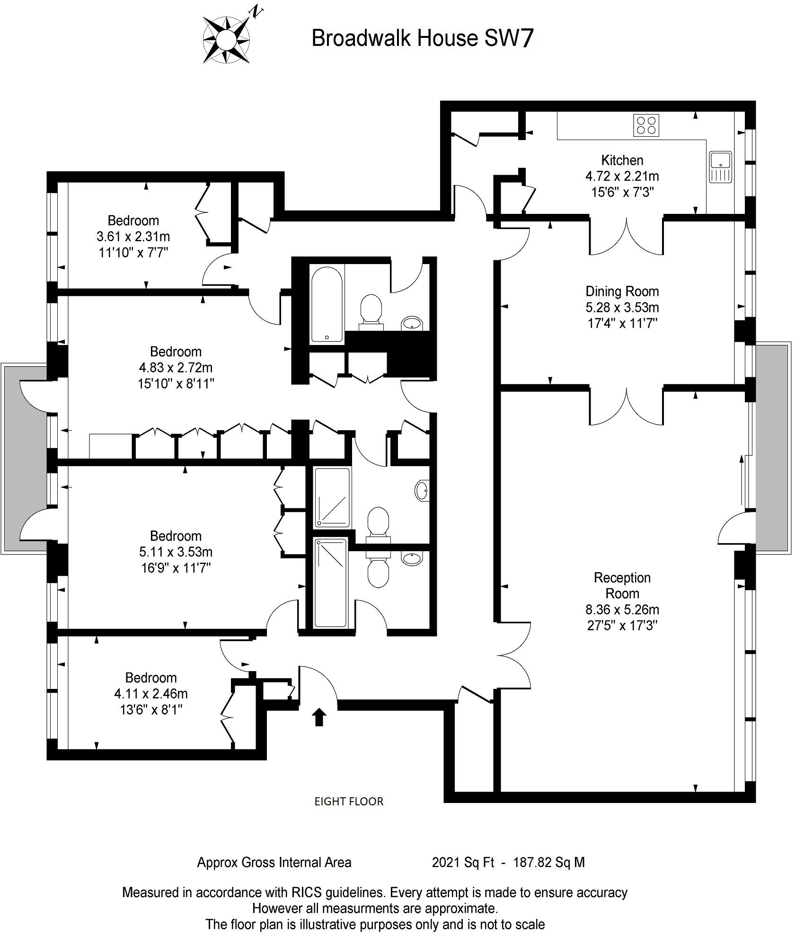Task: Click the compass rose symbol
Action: (x=226, y=40)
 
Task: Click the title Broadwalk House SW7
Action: (x=423, y=38)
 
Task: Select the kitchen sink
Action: (x=720, y=167)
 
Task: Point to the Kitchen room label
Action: (x=622, y=160)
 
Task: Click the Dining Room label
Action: (x=622, y=291)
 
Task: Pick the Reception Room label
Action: (x=622, y=585)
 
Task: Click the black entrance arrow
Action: (x=319, y=717)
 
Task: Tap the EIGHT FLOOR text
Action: (x=349, y=801)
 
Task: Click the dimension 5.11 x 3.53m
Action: (x=176, y=552)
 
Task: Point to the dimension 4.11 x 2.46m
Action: (x=150, y=694)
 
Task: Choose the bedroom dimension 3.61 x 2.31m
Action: (x=133, y=236)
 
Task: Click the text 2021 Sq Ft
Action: (x=463, y=863)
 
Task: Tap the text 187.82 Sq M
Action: (x=549, y=863)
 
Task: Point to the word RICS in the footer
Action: (x=306, y=892)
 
